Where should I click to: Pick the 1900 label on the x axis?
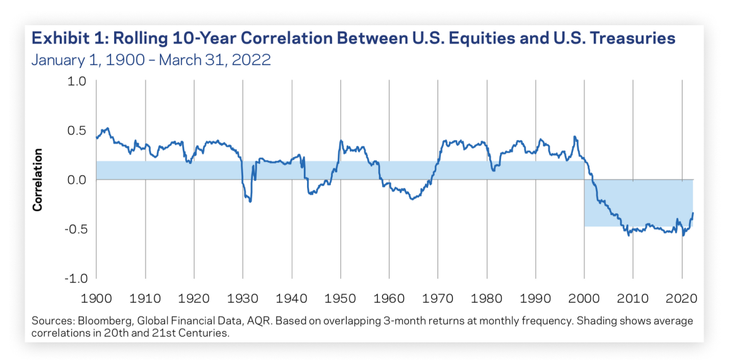click(x=96, y=296)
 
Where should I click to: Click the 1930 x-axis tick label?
click(x=243, y=296)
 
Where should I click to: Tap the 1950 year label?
click(x=340, y=296)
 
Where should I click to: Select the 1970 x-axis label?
click(x=438, y=296)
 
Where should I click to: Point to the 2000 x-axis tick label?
click(x=584, y=296)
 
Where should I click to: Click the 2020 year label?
click(x=682, y=296)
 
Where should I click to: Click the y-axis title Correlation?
click(x=38, y=180)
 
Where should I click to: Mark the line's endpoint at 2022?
click(x=693, y=213)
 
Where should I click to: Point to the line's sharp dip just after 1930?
click(x=250, y=201)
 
